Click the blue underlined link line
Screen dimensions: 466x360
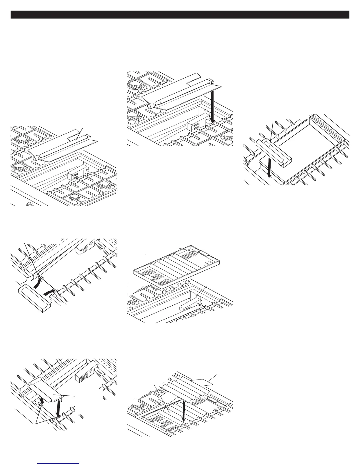[x=59, y=464]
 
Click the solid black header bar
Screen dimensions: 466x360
[x=180, y=15]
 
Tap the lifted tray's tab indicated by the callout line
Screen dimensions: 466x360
[x=203, y=253]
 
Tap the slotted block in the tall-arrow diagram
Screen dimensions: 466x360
[x=194, y=126]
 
